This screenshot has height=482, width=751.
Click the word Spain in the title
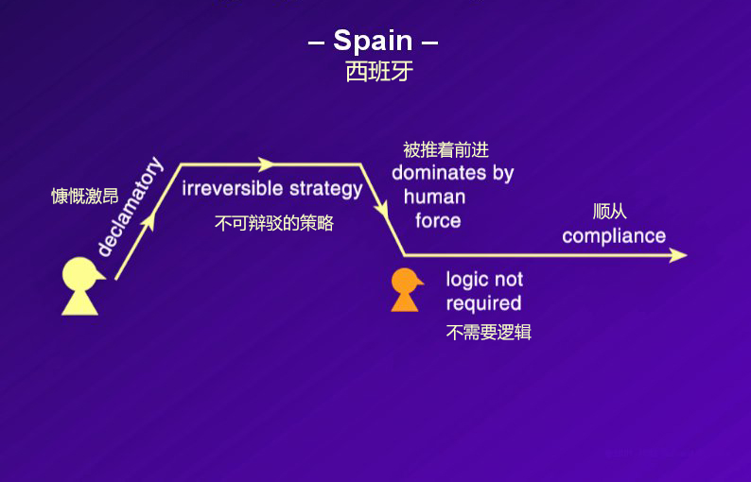373,41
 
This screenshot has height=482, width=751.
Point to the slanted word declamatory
130,208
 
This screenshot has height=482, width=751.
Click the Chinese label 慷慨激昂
85,197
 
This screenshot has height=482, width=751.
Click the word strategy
326,188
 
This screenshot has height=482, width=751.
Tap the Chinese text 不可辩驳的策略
274,224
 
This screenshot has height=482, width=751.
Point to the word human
434,197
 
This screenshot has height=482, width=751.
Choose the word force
438,221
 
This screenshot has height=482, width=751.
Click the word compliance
614,236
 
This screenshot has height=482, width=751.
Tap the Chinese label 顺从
610,212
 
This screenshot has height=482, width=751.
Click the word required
483,303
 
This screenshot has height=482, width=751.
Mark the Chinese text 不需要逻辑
489,333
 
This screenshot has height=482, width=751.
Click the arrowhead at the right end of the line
676,255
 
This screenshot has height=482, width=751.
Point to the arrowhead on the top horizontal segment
265,164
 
